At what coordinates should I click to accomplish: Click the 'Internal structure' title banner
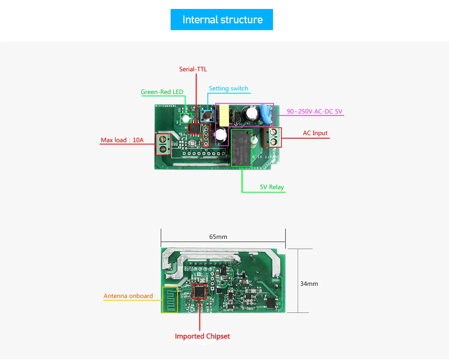222,20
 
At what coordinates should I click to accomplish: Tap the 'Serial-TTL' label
193,69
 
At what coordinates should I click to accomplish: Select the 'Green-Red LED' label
162,92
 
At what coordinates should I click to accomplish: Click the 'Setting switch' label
228,88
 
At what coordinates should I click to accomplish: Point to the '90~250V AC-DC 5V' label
314,111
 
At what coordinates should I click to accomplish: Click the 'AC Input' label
315,133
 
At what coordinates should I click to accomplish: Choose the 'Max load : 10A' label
122,140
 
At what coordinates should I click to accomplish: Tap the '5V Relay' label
272,187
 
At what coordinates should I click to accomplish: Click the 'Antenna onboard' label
128,296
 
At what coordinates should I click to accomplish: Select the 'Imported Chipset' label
202,336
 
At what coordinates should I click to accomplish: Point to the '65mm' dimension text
218,237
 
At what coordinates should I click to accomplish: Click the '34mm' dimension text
309,284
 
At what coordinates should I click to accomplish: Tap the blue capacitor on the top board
267,114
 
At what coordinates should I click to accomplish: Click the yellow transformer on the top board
224,116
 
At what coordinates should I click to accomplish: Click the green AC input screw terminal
273,137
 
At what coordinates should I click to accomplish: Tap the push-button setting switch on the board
207,115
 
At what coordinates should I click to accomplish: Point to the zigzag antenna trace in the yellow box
170,300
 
